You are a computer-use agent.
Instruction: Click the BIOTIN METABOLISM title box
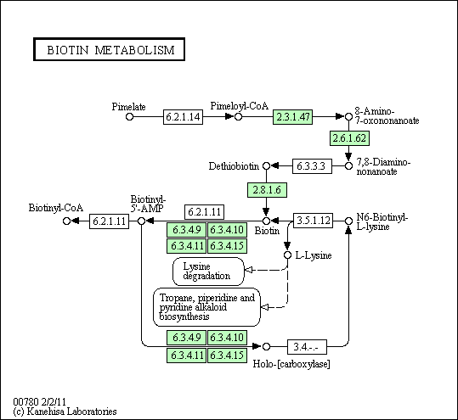[x=110, y=49]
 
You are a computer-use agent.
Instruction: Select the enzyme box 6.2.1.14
[x=183, y=117]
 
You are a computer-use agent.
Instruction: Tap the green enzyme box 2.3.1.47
[x=292, y=117]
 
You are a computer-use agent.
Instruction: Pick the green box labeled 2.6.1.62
[x=349, y=138]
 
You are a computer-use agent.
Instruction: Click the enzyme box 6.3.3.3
[x=312, y=166]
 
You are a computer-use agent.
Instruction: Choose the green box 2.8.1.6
[x=267, y=190]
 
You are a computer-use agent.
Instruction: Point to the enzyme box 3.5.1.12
[x=313, y=221]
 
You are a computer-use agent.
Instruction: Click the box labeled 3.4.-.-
[x=307, y=347]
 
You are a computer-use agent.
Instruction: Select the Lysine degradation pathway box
[x=208, y=272]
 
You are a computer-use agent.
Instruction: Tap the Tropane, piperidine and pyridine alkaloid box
[x=206, y=307]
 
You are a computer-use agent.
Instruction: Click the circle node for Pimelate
[x=129, y=117]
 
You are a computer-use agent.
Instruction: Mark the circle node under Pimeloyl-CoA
[x=238, y=117]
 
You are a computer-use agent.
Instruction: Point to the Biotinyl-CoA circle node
[x=66, y=221]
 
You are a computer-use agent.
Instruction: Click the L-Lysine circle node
[x=288, y=255]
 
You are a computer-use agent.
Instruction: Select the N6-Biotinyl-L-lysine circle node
[x=348, y=221]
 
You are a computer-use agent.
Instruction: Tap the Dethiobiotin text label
[x=234, y=166]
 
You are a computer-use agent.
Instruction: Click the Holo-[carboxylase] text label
[x=291, y=364]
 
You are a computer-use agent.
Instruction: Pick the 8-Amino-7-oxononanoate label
[x=387, y=115]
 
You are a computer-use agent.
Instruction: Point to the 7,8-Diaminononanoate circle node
[x=348, y=166]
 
